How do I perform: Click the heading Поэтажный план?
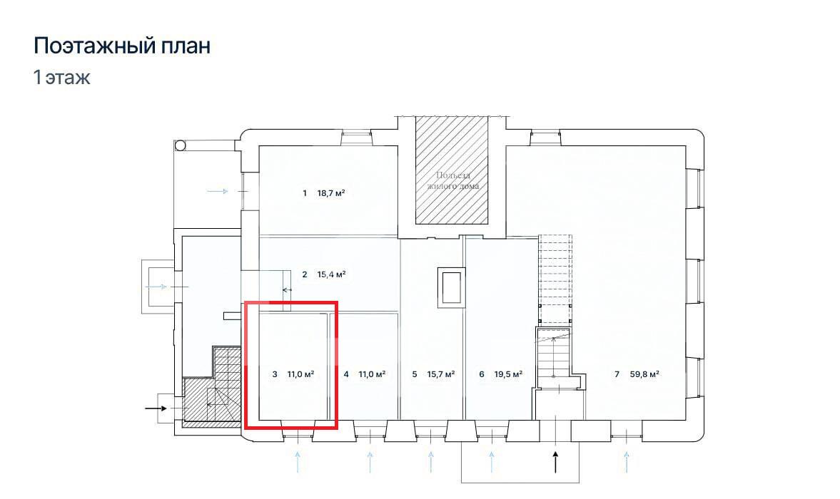tap(122, 46)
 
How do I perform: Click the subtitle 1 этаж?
tap(61, 78)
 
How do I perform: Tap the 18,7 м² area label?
tap(331, 193)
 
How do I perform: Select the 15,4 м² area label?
tap(332, 274)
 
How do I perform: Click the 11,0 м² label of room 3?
tap(300, 374)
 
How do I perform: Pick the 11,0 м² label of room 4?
tap(373, 374)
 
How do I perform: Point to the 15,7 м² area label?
tap(441, 374)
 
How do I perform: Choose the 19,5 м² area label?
tap(508, 374)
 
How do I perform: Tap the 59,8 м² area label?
tap(644, 374)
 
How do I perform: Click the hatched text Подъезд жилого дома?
tap(452, 181)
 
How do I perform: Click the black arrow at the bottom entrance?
tap(555, 462)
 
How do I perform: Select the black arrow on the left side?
tap(156, 408)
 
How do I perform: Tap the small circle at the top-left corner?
tap(180, 145)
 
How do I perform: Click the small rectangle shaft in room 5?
tap(450, 287)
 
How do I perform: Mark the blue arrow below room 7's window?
tap(626, 462)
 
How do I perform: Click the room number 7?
tap(617, 374)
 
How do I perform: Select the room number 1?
tap(304, 193)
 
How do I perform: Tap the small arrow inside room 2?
tap(287, 290)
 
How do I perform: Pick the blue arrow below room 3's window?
tap(298, 462)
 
